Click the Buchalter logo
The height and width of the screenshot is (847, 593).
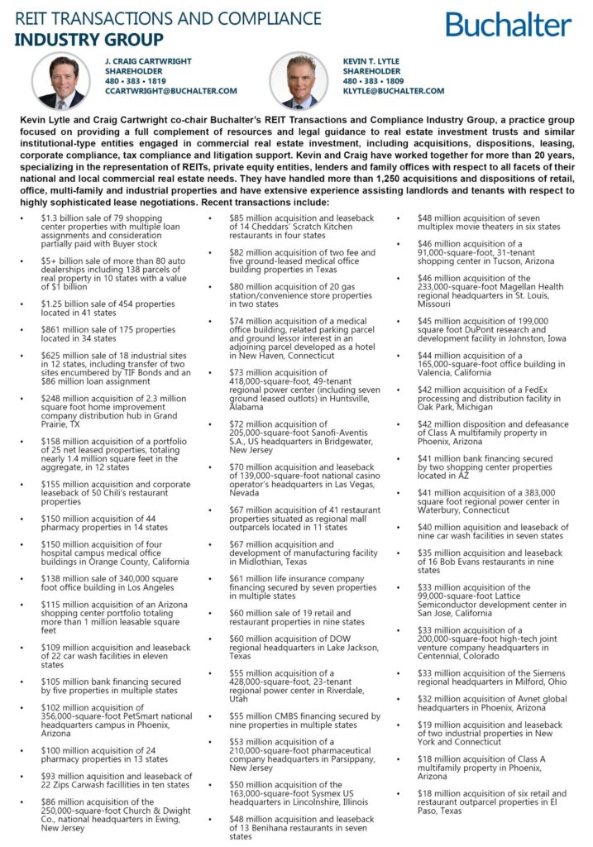(x=508, y=24)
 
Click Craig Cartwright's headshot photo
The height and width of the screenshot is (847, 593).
(x=60, y=80)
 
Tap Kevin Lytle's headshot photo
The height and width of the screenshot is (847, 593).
(x=299, y=80)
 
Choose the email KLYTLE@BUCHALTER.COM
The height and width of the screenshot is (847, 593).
(x=394, y=91)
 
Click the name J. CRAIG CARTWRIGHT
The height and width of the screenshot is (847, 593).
(x=148, y=61)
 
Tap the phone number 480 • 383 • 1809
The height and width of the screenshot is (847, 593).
(x=374, y=81)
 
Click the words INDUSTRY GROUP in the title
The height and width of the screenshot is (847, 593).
(x=89, y=39)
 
